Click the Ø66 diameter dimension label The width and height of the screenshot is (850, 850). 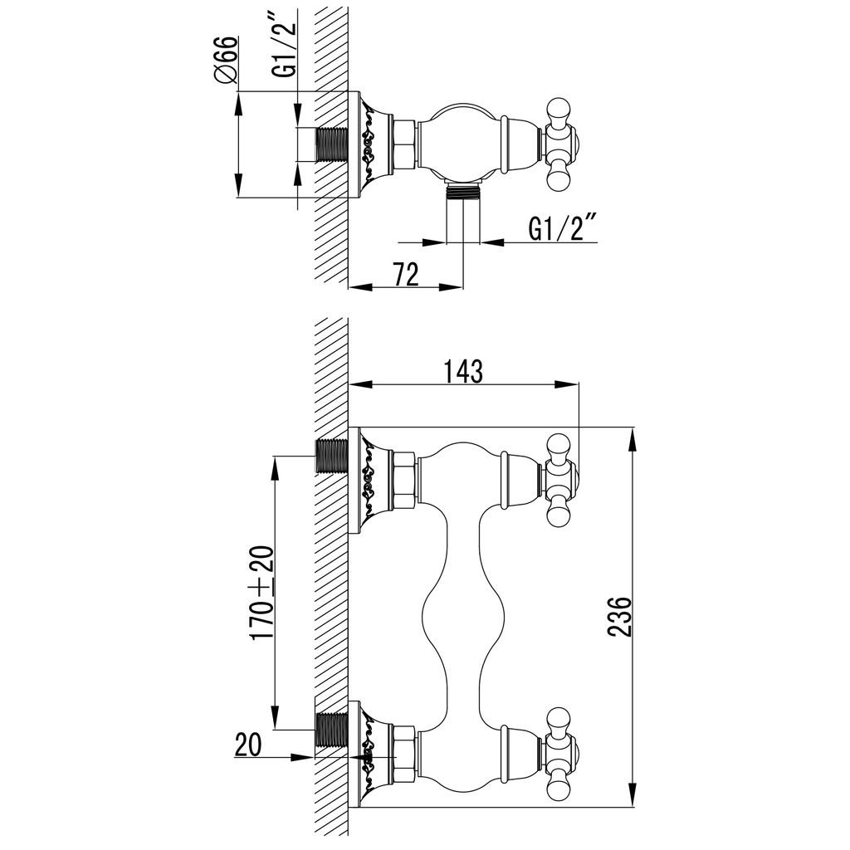(226, 60)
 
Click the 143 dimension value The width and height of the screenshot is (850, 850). (463, 371)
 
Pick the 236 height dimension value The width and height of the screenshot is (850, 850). (619, 617)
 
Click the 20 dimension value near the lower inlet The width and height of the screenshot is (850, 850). (248, 744)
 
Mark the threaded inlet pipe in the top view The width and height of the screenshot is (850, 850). (331, 144)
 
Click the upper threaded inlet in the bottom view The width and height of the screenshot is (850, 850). (331, 456)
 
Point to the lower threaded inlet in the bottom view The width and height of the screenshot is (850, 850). (331, 730)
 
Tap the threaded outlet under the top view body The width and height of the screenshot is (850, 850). (462, 192)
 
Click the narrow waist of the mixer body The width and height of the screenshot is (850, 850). (463, 617)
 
